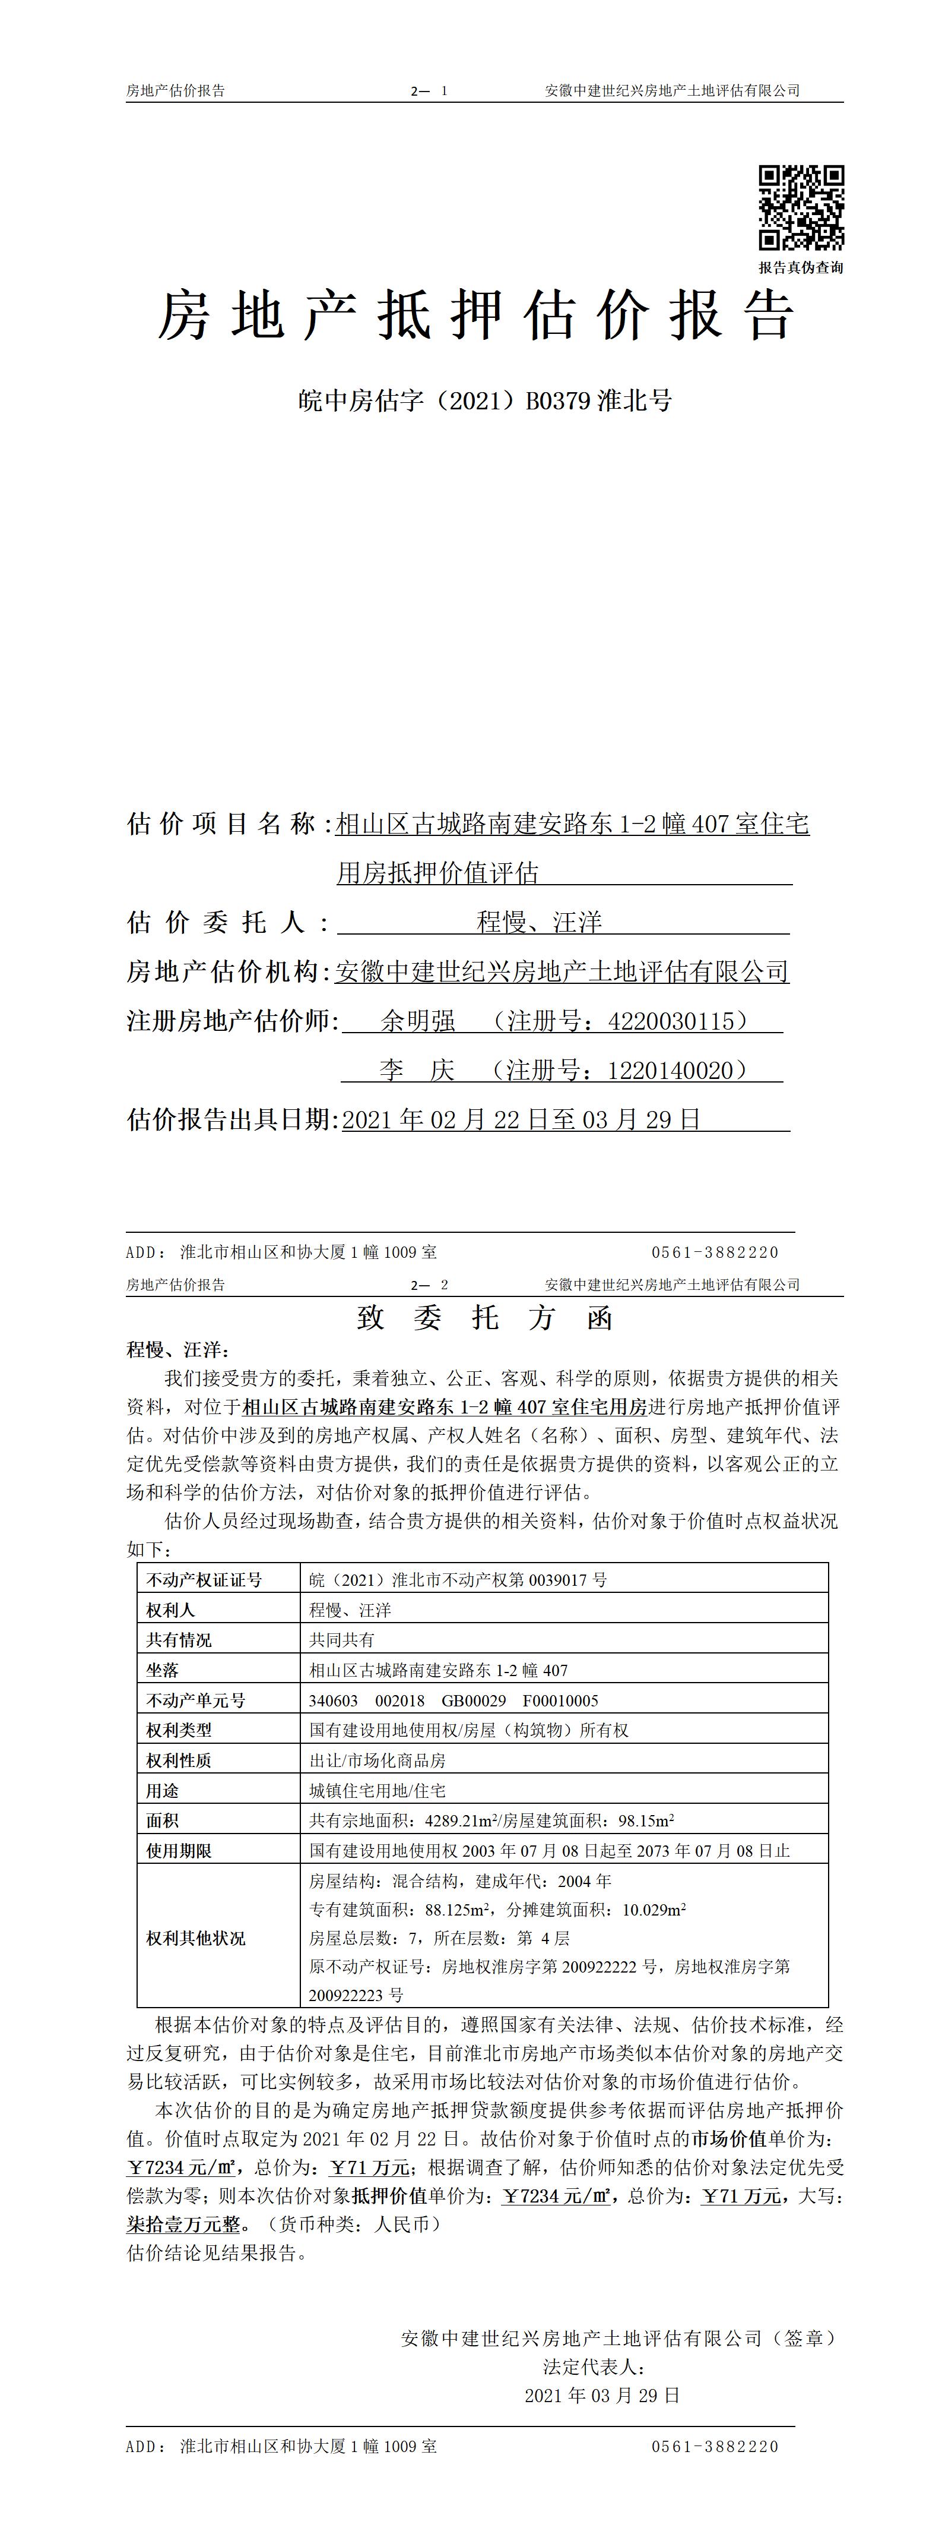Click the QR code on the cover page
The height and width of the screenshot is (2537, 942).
[x=800, y=208]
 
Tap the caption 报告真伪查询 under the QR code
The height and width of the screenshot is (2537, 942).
[x=800, y=267]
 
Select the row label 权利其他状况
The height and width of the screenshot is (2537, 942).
[x=196, y=1938]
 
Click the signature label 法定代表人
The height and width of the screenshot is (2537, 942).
[x=594, y=2366]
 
